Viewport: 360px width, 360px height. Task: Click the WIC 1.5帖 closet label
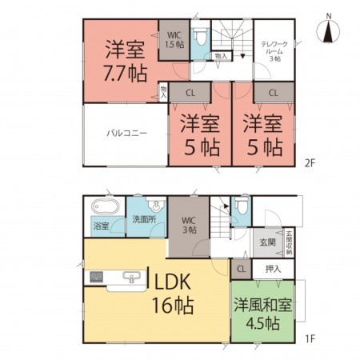point(174,40)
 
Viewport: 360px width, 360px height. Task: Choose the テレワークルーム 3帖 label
point(274,49)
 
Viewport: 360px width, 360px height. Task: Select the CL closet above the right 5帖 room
point(273,93)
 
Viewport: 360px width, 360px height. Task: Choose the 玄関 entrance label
point(267,240)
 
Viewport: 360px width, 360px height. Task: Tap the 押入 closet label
point(273,269)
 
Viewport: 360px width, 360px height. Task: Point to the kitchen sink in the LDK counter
point(130,278)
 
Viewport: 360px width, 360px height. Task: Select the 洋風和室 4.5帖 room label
point(258,314)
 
